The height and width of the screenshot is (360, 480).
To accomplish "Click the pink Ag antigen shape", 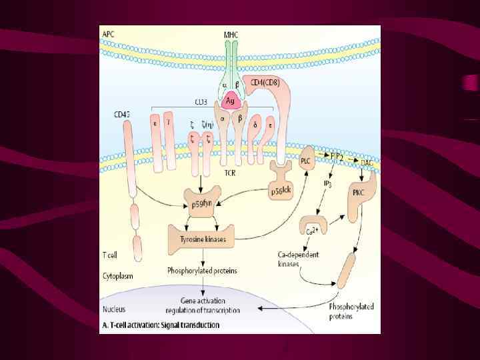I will [x=231, y=101].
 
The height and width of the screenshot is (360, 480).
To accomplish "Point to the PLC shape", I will [x=306, y=160].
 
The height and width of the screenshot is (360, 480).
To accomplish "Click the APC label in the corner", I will [x=108, y=33].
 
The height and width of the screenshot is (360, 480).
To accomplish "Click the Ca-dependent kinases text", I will [x=298, y=259].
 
